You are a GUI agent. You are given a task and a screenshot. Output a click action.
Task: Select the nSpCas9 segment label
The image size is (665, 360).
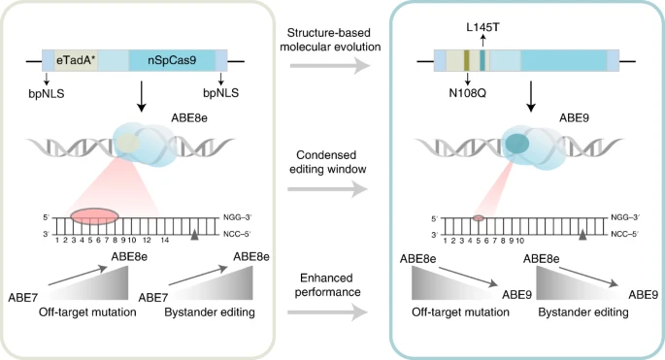click(172, 60)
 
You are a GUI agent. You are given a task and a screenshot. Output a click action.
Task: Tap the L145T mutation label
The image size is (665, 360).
click(482, 27)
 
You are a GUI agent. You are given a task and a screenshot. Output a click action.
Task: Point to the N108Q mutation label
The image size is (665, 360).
click(467, 92)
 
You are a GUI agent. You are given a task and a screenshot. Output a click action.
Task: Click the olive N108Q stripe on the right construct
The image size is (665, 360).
click(467, 60)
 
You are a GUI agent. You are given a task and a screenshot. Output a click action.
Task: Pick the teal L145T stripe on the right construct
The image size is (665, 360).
click(482, 60)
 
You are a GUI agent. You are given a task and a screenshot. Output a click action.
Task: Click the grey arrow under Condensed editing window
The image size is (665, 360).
click(327, 188)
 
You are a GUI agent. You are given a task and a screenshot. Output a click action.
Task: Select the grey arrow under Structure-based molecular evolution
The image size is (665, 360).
click(330, 66)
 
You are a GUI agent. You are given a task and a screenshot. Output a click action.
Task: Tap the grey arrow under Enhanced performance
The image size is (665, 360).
click(327, 312)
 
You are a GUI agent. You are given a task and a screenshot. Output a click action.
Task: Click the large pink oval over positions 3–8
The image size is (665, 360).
click(94, 216)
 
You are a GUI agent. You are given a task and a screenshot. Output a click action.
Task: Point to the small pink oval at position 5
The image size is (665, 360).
click(479, 218)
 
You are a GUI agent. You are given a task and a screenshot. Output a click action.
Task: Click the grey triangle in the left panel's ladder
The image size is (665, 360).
click(194, 235)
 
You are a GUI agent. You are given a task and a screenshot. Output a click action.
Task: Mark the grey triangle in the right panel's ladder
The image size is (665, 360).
click(582, 236)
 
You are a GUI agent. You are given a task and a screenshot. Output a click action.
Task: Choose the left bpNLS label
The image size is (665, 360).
click(47, 93)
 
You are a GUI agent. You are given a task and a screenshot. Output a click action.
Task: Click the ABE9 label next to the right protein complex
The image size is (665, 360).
click(575, 117)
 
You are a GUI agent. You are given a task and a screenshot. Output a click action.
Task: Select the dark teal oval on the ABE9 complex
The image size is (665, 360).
click(515, 144)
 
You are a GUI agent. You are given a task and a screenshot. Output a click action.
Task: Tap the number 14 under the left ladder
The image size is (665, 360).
click(165, 241)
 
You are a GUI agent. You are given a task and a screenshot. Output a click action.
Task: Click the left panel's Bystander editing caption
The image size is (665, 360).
click(210, 312)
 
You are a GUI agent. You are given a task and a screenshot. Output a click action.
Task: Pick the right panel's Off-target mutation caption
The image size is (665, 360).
click(460, 312)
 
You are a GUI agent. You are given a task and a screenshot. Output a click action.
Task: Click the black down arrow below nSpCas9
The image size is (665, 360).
click(142, 96)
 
